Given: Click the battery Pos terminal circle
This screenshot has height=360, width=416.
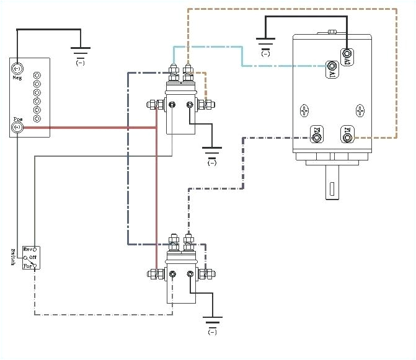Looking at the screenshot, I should (x=17, y=128).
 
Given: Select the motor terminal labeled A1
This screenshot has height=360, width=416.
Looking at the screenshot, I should (x=333, y=66).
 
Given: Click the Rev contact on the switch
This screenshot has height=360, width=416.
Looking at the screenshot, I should (x=35, y=248).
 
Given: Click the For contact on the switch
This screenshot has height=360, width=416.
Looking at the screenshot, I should (x=35, y=266).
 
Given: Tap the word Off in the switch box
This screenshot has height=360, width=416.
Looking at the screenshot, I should (x=32, y=257).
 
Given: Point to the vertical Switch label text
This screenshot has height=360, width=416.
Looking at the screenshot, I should (x=13, y=257).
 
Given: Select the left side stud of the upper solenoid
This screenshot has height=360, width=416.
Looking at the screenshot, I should (x=151, y=105).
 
